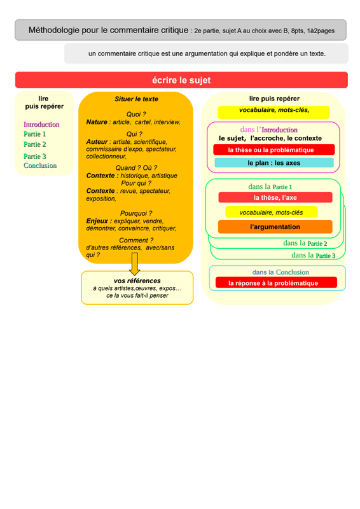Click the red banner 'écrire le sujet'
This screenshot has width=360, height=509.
coord(181,80)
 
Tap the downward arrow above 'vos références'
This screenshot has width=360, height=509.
coord(135,264)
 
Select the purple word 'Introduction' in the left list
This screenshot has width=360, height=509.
coord(41,124)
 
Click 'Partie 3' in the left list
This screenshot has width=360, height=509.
coord(35,157)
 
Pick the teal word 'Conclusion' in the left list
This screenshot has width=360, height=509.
coord(40,165)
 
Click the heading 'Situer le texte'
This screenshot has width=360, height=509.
coord(136,99)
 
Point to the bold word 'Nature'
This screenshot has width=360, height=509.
coord(97,122)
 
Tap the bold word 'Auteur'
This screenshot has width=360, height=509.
coord(97,142)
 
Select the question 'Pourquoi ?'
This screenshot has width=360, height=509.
coord(136,213)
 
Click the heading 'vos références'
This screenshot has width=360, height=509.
coord(137,281)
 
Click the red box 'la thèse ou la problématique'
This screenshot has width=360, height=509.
coord(274,150)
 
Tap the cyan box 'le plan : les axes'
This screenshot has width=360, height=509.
coord(274,163)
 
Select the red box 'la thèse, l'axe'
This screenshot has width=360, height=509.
coord(275,197)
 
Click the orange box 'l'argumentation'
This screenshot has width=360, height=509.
coord(275,227)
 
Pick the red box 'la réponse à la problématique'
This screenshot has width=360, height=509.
coord(276,282)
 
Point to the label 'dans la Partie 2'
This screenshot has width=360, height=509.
coord(305,243)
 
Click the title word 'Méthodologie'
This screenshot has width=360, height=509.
coord(54,30)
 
